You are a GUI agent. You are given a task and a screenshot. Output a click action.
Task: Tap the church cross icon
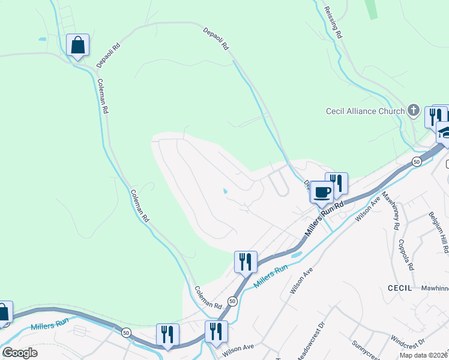click(x=413, y=110)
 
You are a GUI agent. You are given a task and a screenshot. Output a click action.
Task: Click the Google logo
click(x=19, y=353)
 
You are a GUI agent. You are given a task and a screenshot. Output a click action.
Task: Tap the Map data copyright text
click(x=424, y=355)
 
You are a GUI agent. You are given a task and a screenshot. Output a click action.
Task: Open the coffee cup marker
click(x=322, y=192)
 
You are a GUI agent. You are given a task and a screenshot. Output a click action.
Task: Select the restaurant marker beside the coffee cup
click(x=337, y=183)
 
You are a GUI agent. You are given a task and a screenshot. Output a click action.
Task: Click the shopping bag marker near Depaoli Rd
click(x=78, y=45)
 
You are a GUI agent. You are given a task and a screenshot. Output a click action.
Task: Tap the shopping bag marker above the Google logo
click(x=4, y=312)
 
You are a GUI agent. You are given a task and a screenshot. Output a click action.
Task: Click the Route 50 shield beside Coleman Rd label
click(x=232, y=301)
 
